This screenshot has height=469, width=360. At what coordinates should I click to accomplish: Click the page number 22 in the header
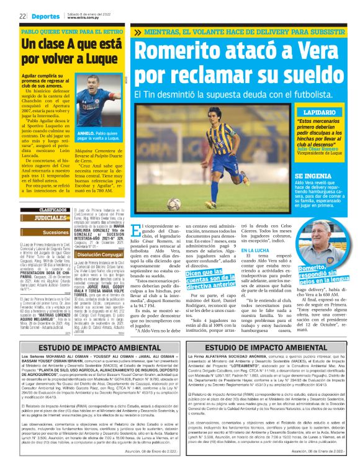pyautogui.click(x=22, y=16)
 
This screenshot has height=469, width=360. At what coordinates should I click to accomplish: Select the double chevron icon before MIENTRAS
pyautogui.click(x=138, y=32)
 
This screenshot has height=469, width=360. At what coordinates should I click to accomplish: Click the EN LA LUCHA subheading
pyautogui.click(x=253, y=249)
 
